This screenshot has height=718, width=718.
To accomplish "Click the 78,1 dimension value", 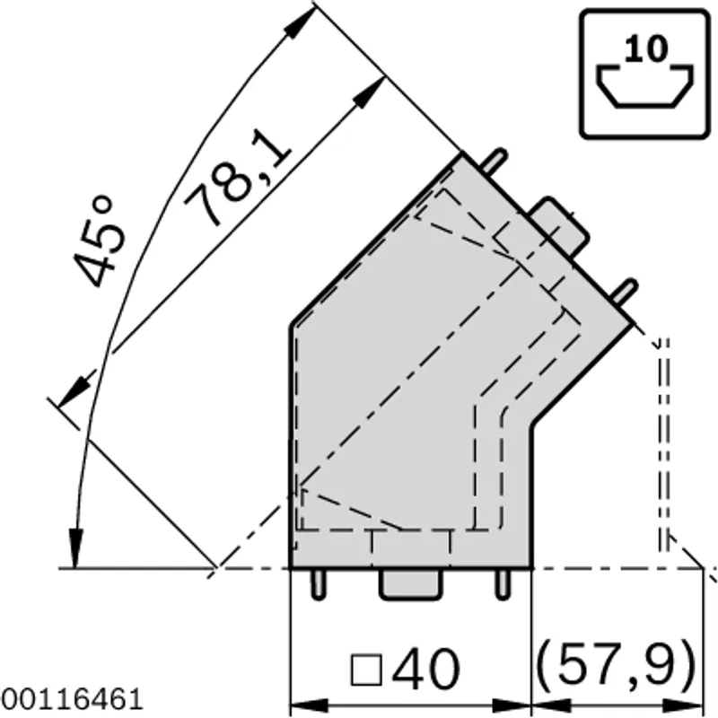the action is (x=238, y=179).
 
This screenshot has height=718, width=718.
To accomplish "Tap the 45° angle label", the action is (x=99, y=242).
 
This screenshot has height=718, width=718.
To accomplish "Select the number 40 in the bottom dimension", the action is (x=425, y=669).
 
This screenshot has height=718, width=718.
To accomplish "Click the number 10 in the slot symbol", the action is (x=645, y=49).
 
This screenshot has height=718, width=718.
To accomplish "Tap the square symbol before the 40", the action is (x=366, y=670).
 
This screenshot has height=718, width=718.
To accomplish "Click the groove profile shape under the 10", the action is (x=644, y=87).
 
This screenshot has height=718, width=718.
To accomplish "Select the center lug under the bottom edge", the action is (x=411, y=584).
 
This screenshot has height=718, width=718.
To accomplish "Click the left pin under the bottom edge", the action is (x=319, y=584).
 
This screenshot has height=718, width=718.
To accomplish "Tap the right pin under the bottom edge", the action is (x=503, y=584).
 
